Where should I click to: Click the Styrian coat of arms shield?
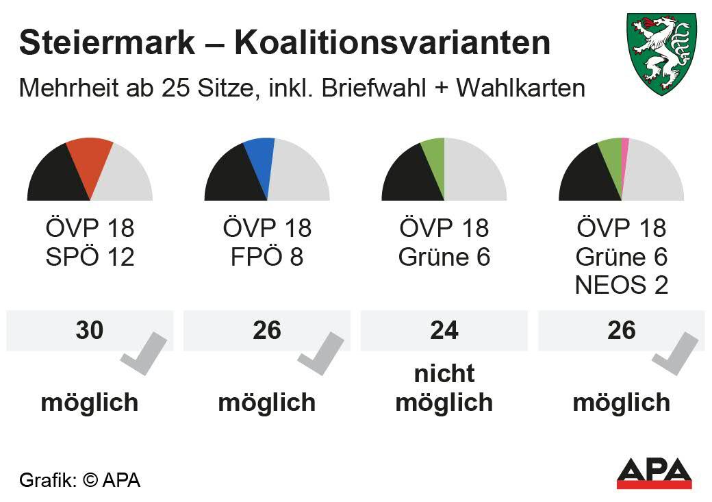(x=661, y=53)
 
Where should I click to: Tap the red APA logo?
(x=654, y=473)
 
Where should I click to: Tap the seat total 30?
(x=90, y=330)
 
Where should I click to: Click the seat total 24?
(x=444, y=330)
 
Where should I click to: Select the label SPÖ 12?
(x=90, y=258)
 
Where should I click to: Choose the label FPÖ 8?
(x=267, y=258)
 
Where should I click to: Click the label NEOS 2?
(x=622, y=285)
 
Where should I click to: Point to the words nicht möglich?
(x=444, y=388)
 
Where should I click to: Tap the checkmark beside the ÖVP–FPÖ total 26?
(x=321, y=353)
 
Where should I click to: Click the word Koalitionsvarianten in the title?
(x=392, y=43)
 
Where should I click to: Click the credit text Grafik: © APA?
(x=79, y=480)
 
